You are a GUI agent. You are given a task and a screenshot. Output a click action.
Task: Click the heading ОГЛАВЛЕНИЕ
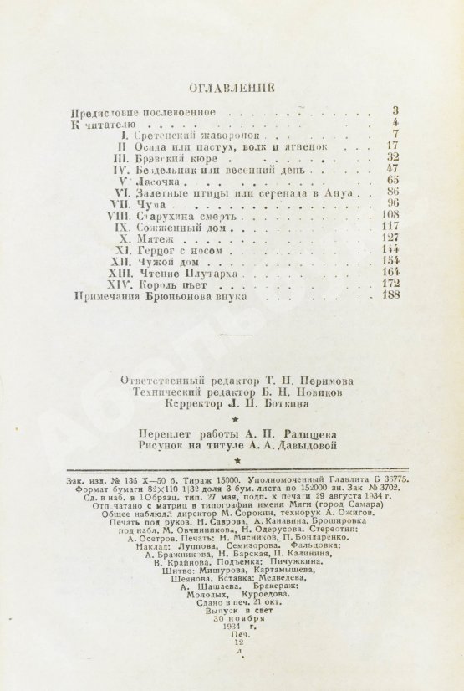(x=232, y=86)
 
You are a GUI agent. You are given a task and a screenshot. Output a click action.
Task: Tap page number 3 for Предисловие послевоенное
(x=395, y=111)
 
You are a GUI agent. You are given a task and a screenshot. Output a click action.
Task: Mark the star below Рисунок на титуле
(x=237, y=460)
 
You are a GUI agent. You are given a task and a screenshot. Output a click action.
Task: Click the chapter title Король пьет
(x=171, y=284)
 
